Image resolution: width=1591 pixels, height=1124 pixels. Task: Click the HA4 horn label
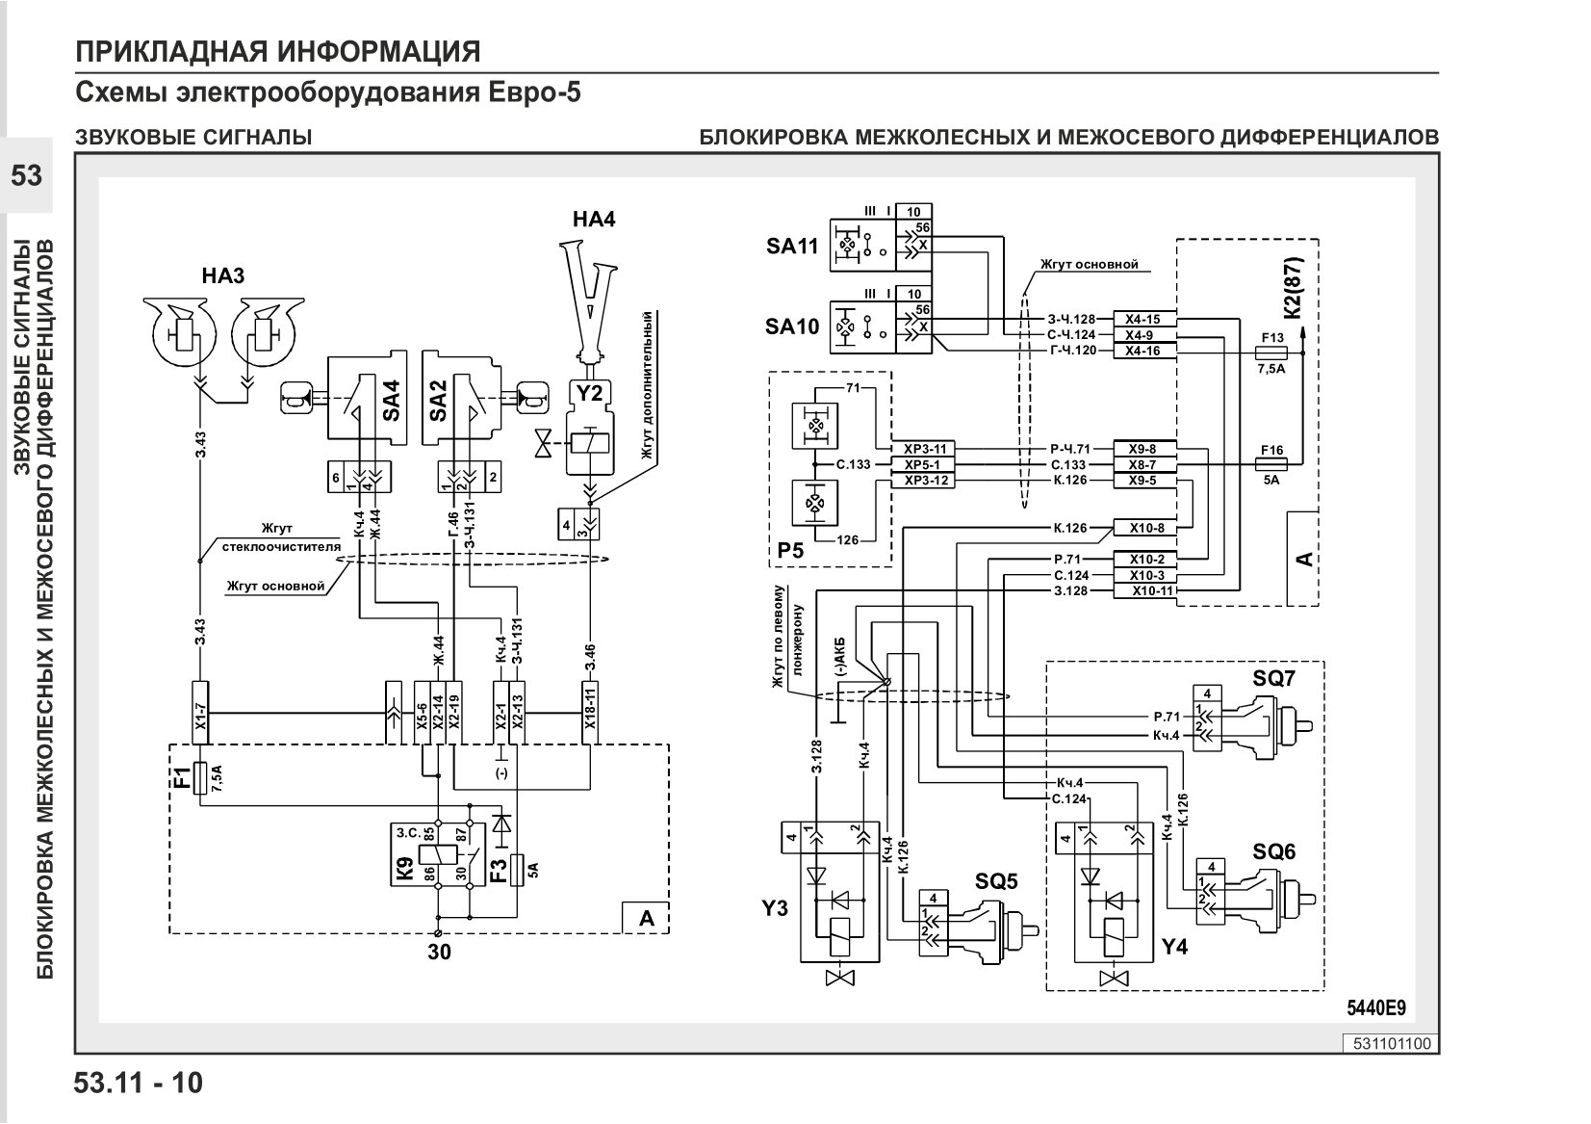pyautogui.click(x=594, y=219)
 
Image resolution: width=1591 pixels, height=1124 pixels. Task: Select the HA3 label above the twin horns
pyautogui.click(x=223, y=275)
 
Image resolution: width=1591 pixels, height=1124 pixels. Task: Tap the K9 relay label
pyautogui.click(x=404, y=869)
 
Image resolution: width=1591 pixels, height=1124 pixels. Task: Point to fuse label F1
pyautogui.click(x=183, y=777)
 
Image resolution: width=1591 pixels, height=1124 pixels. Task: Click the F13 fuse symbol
pyautogui.click(x=1272, y=353)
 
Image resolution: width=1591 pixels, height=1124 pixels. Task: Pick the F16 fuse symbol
pyautogui.click(x=1271, y=464)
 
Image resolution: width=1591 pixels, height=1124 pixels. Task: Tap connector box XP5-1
pyautogui.click(x=923, y=465)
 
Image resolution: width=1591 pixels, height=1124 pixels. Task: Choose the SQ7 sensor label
pyautogui.click(x=1273, y=678)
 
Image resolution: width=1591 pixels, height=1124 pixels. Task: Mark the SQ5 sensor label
pyautogui.click(x=996, y=881)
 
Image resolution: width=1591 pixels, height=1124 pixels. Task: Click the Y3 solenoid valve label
pyautogui.click(x=775, y=908)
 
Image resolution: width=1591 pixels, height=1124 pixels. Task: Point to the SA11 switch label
pyautogui.click(x=792, y=246)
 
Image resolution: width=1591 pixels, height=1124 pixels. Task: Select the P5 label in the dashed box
pyautogui.click(x=790, y=550)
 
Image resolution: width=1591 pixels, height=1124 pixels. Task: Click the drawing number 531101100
pyautogui.click(x=1392, y=1043)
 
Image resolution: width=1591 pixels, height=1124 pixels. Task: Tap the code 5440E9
pyautogui.click(x=1376, y=1008)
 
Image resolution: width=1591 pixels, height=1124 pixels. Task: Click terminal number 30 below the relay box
pyautogui.click(x=439, y=952)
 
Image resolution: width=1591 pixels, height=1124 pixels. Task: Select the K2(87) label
pyautogui.click(x=1294, y=289)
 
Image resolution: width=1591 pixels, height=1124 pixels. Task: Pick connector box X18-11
pyautogui.click(x=590, y=713)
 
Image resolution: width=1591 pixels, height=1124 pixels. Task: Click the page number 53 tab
pyautogui.click(x=26, y=175)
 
